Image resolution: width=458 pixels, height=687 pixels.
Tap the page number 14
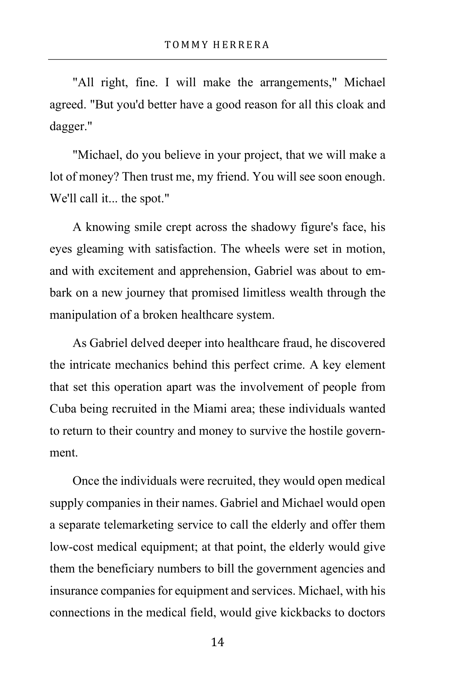(x=218, y=642)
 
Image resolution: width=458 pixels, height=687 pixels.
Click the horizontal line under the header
(x=218, y=60)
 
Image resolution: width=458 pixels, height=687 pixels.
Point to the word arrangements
(x=298, y=82)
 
